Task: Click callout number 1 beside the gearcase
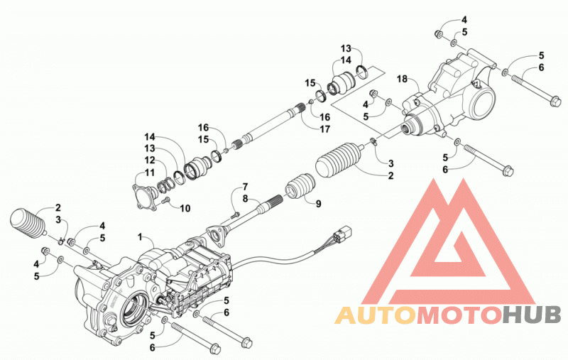(x=140, y=237)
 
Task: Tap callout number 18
(x=402, y=79)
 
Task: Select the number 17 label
(x=325, y=129)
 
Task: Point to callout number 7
(x=245, y=187)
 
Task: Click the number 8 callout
(x=245, y=199)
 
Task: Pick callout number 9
(x=318, y=204)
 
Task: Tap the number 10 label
(x=185, y=208)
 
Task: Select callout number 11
(x=150, y=172)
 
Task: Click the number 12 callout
(x=150, y=160)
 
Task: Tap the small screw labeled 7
(x=235, y=214)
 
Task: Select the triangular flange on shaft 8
(x=217, y=235)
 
